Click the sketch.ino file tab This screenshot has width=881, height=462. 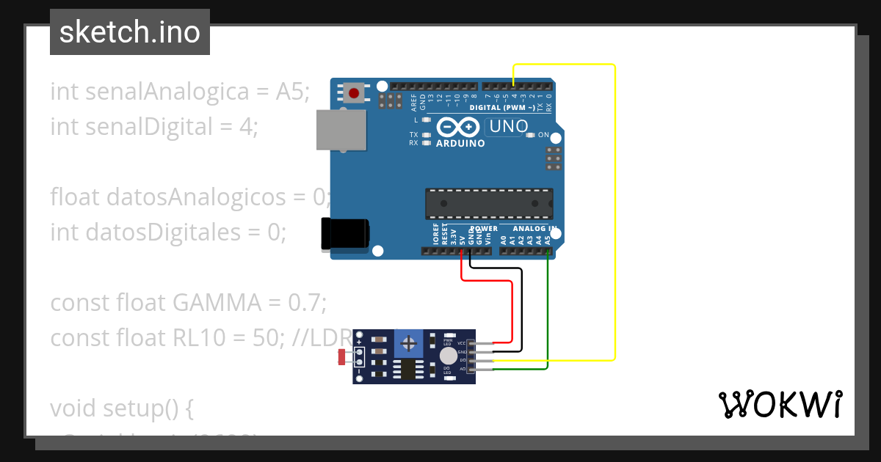coord(130,32)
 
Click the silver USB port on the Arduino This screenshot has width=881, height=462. coord(341,130)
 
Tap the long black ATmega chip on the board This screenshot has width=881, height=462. coord(489,204)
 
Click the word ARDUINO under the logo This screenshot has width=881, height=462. coord(460,144)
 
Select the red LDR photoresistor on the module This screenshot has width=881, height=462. coord(342,357)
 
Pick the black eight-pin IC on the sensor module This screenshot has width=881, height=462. coord(405,369)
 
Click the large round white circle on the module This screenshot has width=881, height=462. coord(448,356)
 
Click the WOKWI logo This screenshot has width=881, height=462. coord(780,404)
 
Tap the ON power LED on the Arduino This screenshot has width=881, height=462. coord(531,135)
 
